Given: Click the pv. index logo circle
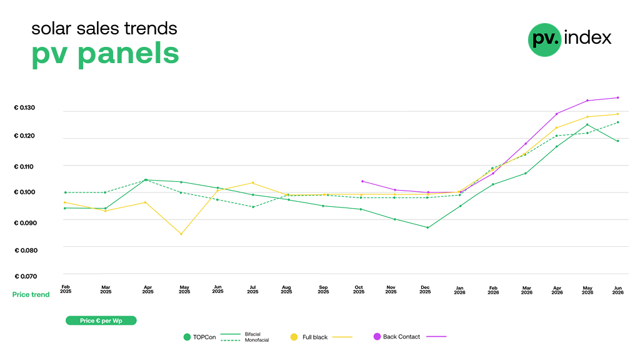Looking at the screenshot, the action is point(544,40).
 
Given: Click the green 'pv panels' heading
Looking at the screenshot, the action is point(105,54).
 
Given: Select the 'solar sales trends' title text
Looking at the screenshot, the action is point(104,29).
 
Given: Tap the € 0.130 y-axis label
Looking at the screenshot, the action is point(24,107).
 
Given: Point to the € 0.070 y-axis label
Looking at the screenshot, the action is point(26,276).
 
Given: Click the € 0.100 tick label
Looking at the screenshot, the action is point(24,192).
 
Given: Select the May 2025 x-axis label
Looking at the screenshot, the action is point(184,289).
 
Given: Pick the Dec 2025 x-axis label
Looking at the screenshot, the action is point(425,289).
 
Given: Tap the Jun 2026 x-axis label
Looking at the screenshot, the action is point(618,290).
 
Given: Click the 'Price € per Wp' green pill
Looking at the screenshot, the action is point(101,321).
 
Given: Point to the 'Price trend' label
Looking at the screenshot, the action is point(31,295).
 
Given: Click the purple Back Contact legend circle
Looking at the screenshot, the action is point(377,336).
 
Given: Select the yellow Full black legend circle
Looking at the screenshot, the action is point(294,337).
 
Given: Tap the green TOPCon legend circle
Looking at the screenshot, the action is point(187,337).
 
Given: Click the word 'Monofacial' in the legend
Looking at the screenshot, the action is point(257,340).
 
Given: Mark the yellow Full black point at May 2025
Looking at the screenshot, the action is point(181,234).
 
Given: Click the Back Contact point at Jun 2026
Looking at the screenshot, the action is point(618,97).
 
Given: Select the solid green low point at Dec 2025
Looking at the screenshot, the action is point(427,227).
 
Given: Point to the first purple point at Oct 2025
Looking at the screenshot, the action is point(362,181).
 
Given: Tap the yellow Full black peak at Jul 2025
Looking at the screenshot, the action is point(253,182).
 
